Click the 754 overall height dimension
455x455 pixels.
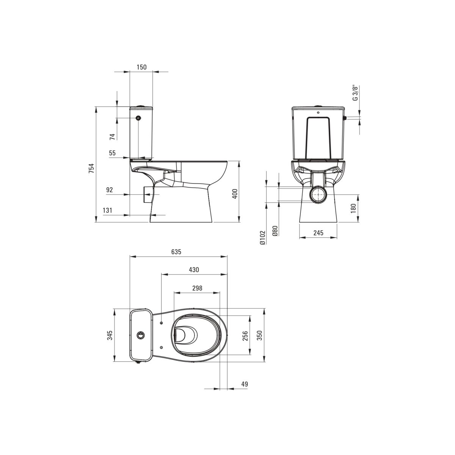(91, 168)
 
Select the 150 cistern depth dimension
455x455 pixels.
(141, 67)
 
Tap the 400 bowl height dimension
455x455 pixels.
(235, 194)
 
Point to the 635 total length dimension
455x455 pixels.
(176, 252)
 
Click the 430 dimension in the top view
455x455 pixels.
(194, 270)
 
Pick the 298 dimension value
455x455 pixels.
(197, 288)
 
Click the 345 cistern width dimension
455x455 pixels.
(110, 335)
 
